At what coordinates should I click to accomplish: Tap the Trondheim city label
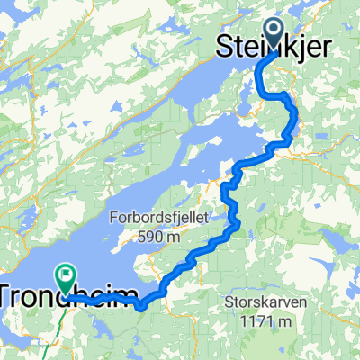(x=72, y=296)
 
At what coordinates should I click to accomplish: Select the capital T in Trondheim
(x=10, y=296)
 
